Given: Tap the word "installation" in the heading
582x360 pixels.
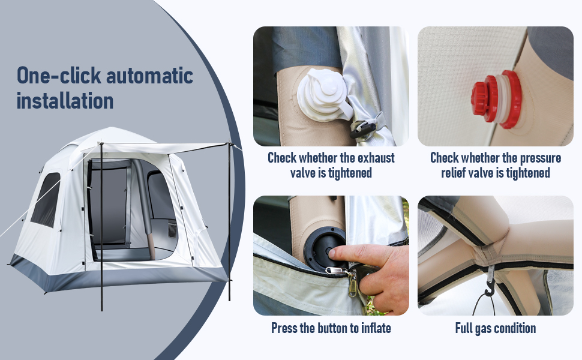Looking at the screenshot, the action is (x=65, y=101).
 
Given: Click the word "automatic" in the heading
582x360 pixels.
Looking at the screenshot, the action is (x=149, y=76).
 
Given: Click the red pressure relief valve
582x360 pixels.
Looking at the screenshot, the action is (x=497, y=100).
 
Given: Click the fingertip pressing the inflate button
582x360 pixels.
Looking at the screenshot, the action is (x=334, y=253).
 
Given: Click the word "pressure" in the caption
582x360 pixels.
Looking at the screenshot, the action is (x=540, y=158).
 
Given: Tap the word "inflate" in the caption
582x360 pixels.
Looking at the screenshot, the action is (x=376, y=328).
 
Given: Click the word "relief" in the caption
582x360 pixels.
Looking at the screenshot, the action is (x=452, y=173).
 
